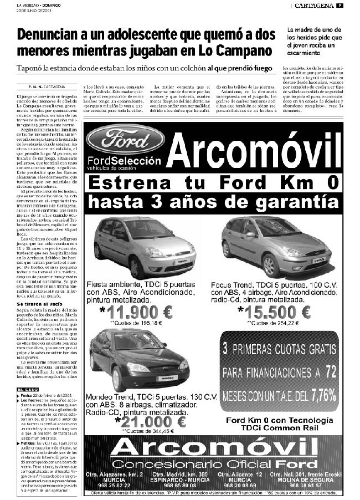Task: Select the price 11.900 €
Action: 135,313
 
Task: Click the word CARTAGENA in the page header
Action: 313,6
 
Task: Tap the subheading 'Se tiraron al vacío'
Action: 40,304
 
